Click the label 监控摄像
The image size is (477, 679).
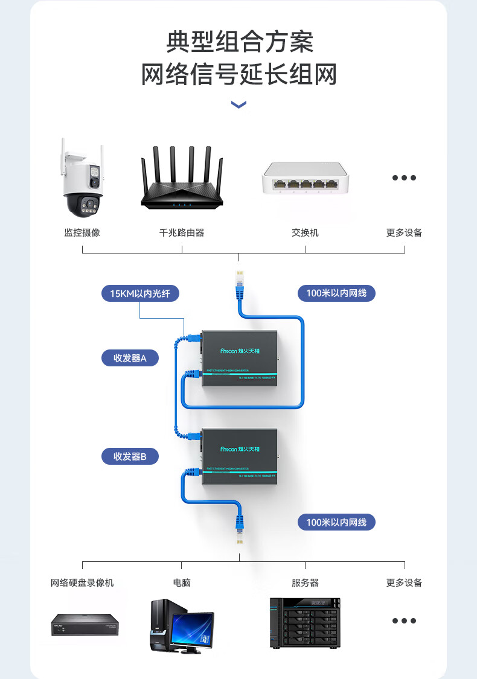point(82,232)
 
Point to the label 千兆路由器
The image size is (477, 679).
point(182,232)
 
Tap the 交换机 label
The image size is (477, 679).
point(305,232)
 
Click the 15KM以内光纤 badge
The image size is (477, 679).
point(140,294)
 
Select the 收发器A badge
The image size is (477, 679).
point(130,358)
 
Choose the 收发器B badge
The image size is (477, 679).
point(130,456)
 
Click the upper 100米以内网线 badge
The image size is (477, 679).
point(336,293)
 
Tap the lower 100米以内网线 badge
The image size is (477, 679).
point(336,522)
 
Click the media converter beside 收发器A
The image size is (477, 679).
point(239,358)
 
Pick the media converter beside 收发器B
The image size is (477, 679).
point(239,457)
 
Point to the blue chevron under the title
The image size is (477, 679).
point(238,105)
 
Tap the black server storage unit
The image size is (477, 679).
point(305,623)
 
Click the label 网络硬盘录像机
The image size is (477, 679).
point(82,582)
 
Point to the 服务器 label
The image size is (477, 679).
point(305,582)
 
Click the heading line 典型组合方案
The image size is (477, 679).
point(239,42)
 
